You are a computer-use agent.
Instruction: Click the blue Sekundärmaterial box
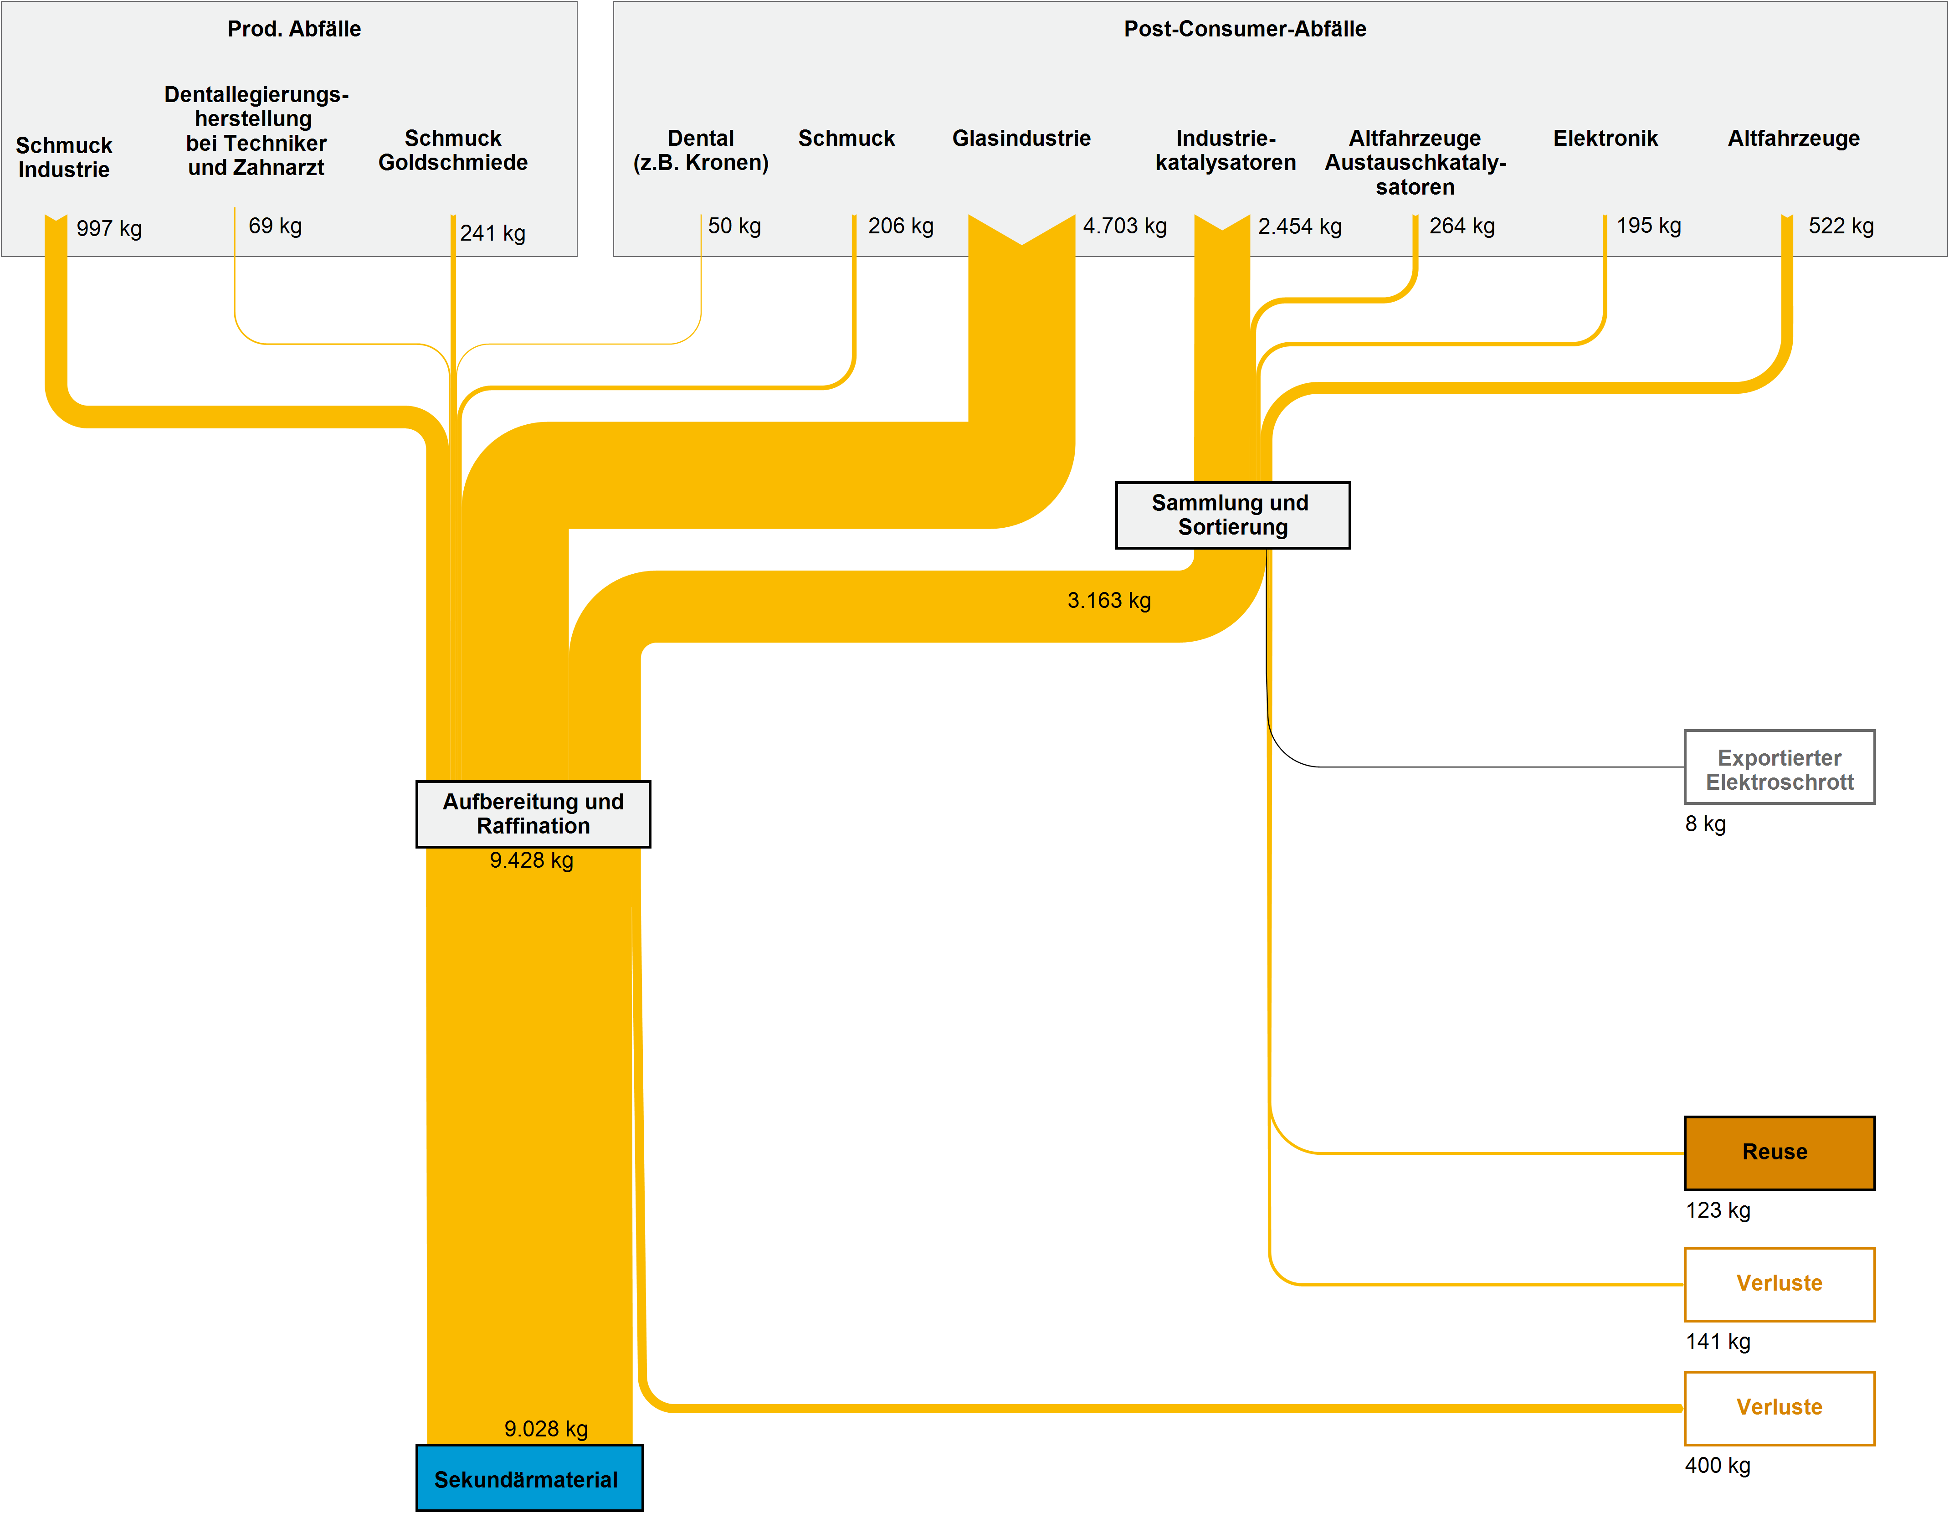[529, 1478]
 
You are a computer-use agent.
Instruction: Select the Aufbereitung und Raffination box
[533, 813]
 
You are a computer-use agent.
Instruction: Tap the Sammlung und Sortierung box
[1232, 515]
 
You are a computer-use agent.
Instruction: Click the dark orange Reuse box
[1779, 1153]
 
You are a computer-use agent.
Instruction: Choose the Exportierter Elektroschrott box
[1779, 767]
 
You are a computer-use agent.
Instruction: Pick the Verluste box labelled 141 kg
[1779, 1284]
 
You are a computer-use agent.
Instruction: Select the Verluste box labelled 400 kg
[1779, 1408]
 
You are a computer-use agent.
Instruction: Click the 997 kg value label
[109, 228]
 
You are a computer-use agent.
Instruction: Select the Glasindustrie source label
[1021, 139]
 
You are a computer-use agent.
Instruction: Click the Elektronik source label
[1605, 139]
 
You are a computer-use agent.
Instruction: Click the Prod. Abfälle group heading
[293, 29]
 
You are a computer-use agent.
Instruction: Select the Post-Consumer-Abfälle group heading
[1244, 29]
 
